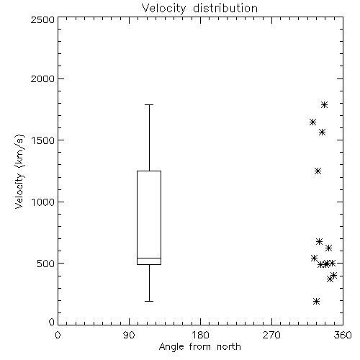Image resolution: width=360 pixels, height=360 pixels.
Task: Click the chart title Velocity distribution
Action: click(199, 8)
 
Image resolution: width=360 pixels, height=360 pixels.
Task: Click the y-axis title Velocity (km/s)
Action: click(19, 171)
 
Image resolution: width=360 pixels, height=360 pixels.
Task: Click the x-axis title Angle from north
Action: click(199, 346)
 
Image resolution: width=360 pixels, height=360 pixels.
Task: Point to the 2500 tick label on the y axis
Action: click(42, 19)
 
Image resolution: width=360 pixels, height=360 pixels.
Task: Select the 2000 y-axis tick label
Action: click(42, 78)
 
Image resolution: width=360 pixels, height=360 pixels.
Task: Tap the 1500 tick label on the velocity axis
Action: click(43, 140)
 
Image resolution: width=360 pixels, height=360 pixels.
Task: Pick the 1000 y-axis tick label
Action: click(43, 202)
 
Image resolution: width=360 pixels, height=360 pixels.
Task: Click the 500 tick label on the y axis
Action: click(46, 264)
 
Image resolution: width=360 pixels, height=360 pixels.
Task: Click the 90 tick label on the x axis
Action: click(129, 335)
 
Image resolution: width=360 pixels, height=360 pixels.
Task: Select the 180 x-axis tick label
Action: click(200, 335)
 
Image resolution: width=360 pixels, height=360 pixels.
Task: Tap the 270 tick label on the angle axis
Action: click(271, 335)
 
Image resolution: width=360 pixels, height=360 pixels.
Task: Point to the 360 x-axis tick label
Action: click(343, 335)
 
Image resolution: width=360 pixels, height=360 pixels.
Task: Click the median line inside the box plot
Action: click(149, 258)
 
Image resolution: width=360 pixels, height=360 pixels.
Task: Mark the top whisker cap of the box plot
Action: click(149, 104)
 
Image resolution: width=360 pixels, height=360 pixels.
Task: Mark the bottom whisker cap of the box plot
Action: click(149, 301)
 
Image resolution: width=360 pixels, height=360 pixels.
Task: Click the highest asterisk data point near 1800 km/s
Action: click(325, 104)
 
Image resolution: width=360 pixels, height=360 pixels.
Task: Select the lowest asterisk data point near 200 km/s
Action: click(317, 301)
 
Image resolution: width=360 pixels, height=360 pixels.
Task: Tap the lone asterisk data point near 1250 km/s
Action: click(318, 171)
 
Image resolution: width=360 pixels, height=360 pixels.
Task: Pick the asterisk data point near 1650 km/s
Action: click(312, 122)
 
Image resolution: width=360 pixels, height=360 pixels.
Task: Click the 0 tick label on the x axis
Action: click(58, 335)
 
